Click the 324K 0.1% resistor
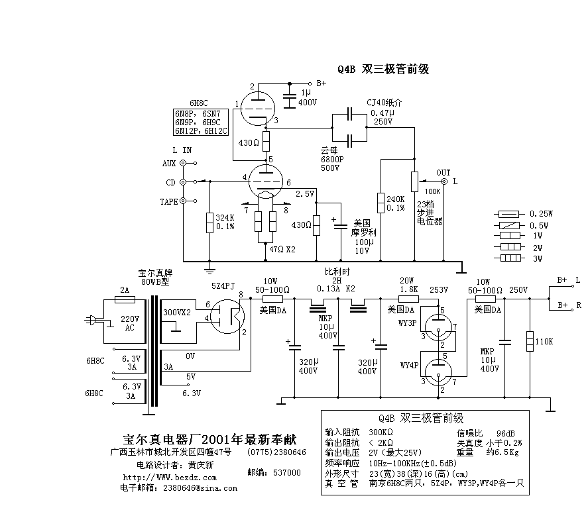[x=210, y=223]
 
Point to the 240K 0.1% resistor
[x=381, y=202]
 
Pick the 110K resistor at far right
[x=529, y=341]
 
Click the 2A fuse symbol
[x=125, y=299]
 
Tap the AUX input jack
[x=183, y=163]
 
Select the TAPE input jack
[x=183, y=201]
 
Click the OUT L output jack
[x=443, y=181]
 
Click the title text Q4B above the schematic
[x=347, y=69]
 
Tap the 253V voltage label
[x=438, y=289]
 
